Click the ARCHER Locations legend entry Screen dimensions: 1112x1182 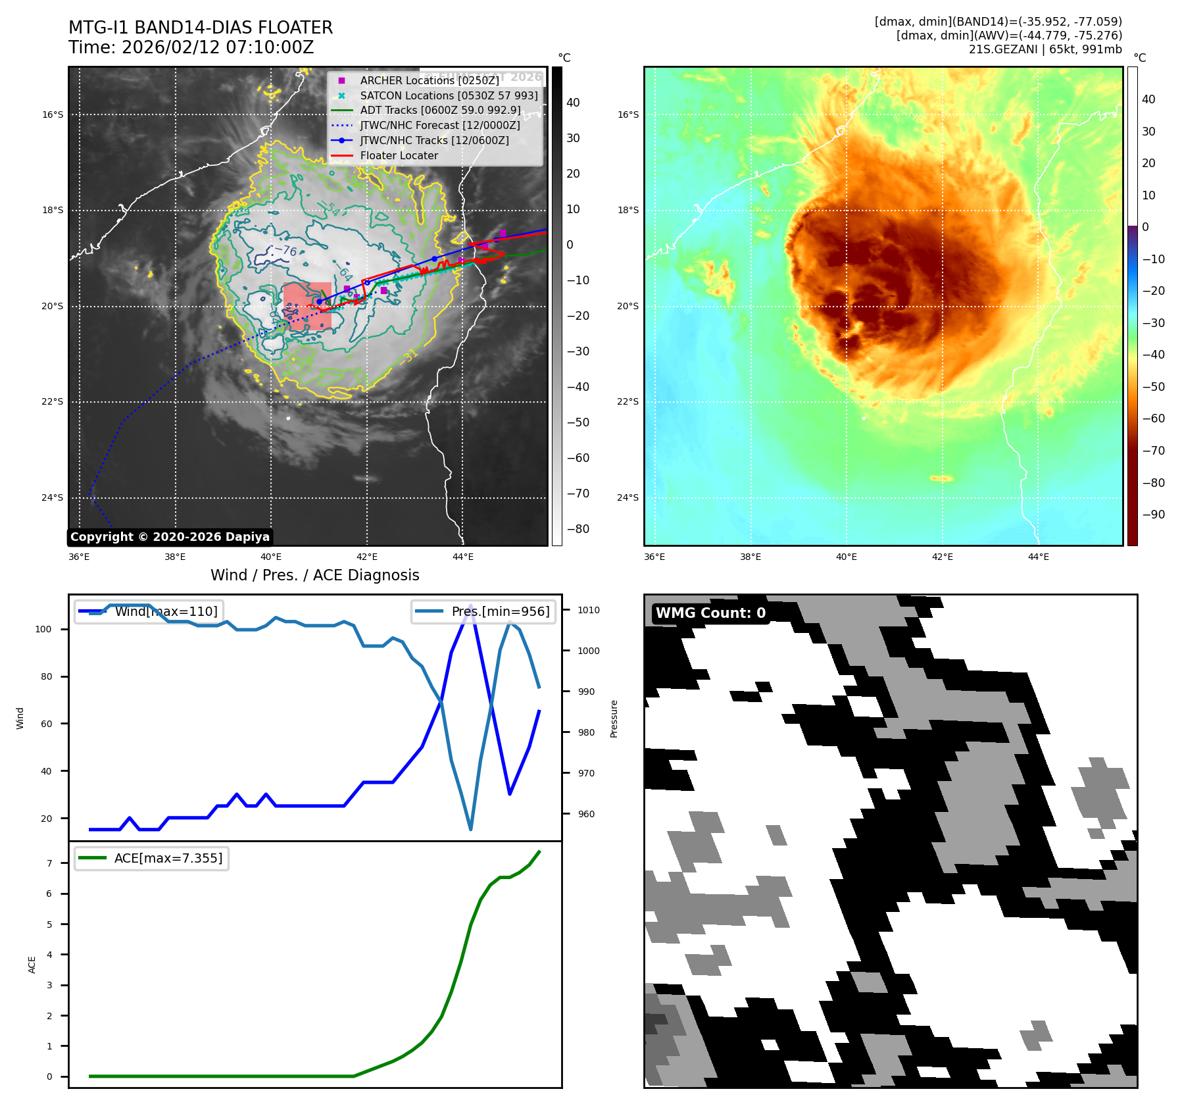pos(429,80)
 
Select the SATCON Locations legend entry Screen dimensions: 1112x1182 pos(449,95)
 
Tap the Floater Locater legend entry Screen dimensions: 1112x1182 pos(399,155)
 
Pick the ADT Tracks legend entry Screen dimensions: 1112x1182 pos(440,110)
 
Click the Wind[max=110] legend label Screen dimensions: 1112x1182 pos(166,611)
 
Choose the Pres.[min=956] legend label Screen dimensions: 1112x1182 pos(500,611)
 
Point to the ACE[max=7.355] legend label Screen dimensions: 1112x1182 pos(168,858)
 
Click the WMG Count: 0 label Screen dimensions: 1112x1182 pos(710,613)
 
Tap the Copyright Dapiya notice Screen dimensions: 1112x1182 pos(170,537)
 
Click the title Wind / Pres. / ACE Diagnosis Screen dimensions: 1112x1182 pos(314,575)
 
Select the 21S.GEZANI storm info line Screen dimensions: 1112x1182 pos(1045,49)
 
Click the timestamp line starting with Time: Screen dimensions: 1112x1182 pos(191,47)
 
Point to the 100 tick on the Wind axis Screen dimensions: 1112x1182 pos(43,629)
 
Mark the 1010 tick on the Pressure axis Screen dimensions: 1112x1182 pos(589,610)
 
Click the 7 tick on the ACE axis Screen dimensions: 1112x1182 pos(49,863)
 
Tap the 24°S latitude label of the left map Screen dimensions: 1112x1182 pos(53,497)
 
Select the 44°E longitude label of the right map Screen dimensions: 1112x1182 pos(1038,557)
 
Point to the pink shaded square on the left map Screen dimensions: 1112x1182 pos(307,306)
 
